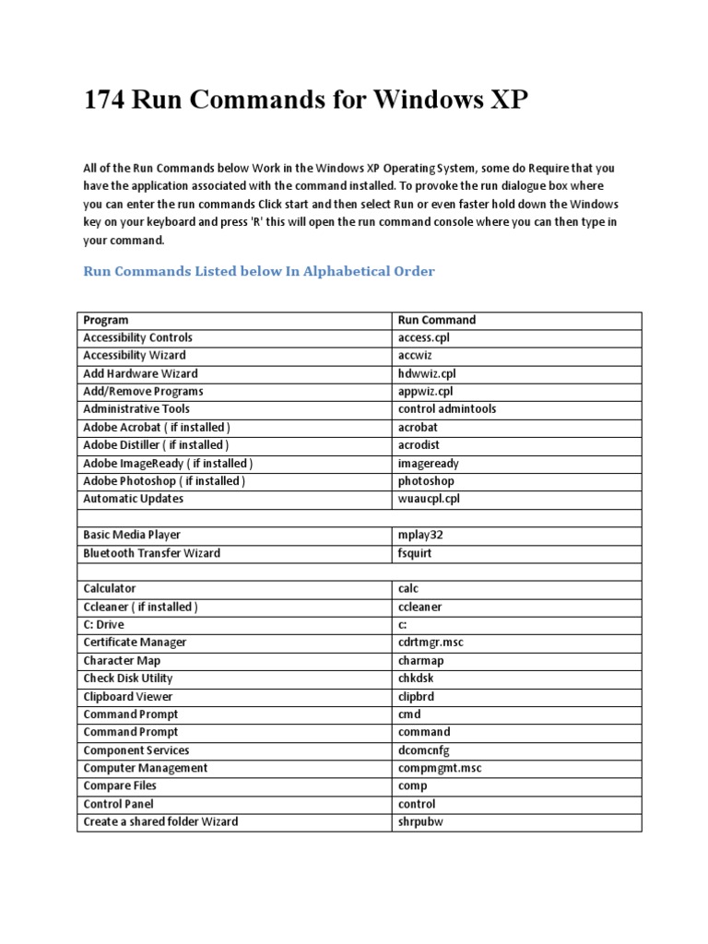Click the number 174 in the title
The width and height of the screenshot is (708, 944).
coord(104,99)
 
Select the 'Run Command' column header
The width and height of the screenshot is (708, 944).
coord(437,320)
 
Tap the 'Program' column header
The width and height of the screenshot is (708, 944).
coord(106,320)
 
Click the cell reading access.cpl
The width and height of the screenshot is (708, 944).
coord(424,337)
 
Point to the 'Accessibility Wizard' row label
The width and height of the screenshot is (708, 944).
coord(135,355)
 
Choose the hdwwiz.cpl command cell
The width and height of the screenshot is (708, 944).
coord(427,373)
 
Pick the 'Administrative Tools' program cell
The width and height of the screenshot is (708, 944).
coord(136,408)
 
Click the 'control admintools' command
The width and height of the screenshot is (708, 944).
coord(447,408)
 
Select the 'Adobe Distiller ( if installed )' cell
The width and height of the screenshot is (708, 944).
coord(157,444)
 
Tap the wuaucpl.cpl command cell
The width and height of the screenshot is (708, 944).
coord(429,499)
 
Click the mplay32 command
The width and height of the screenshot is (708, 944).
coord(420,535)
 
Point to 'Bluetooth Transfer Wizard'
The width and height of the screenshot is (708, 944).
coord(152,553)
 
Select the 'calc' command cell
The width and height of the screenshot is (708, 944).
coord(408,588)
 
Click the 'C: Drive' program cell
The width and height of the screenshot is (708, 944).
coord(105,624)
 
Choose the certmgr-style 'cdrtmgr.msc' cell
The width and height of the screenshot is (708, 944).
coord(431,642)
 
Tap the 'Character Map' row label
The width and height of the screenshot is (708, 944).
coord(122,660)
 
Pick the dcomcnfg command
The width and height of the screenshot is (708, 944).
coord(424,749)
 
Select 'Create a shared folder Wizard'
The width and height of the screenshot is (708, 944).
coord(160,820)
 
